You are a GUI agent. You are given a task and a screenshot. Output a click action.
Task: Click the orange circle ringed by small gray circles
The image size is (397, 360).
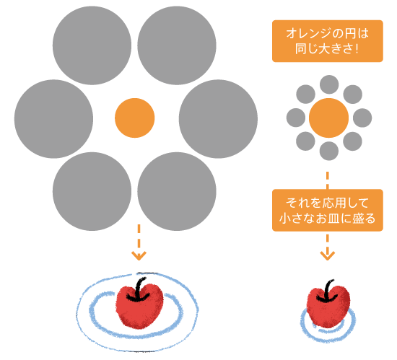pyautogui.click(x=328, y=118)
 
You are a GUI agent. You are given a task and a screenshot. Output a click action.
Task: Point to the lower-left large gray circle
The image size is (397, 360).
pyautogui.click(x=93, y=189)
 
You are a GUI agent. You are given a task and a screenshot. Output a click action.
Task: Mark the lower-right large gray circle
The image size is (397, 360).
pyautogui.click(x=176, y=189)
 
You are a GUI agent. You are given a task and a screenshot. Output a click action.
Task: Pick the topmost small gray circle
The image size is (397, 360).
pyautogui.click(x=328, y=84)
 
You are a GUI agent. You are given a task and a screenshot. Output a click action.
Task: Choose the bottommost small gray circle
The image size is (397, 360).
pyautogui.click(x=328, y=151)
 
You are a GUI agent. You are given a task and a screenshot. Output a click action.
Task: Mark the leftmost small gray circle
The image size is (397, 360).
pyautogui.click(x=295, y=118)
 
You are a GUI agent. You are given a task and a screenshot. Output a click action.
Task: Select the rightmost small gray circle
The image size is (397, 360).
pyautogui.click(x=362, y=118)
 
